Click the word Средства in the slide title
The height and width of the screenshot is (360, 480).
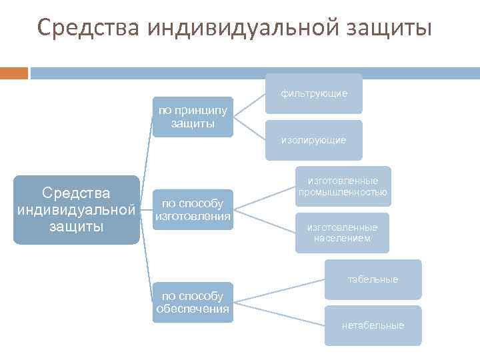click(x=89, y=28)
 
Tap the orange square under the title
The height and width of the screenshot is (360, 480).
click(x=13, y=72)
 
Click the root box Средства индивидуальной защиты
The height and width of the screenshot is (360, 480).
click(x=76, y=209)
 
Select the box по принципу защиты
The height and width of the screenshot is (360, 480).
click(x=193, y=117)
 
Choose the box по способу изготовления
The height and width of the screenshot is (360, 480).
click(x=193, y=209)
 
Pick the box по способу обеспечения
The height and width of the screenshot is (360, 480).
click(x=193, y=302)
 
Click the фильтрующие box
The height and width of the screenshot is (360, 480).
click(x=313, y=93)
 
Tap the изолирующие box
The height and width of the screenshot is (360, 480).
click(x=313, y=140)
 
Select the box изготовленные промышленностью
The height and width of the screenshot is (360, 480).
click(x=343, y=186)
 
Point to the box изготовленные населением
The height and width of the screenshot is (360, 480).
click(x=342, y=233)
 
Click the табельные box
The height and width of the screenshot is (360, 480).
click(x=373, y=279)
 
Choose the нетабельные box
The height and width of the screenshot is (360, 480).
click(x=373, y=325)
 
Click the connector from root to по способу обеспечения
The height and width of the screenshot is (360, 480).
click(x=147, y=260)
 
